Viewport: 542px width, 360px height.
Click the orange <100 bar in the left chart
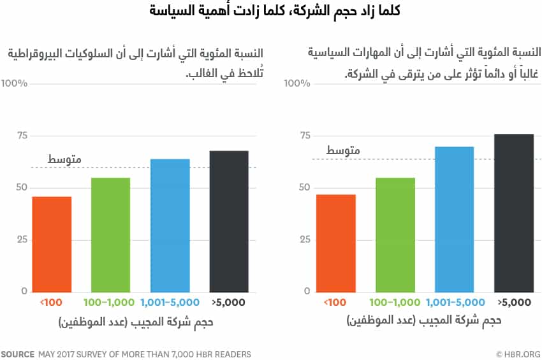pyautogui.click(x=52, y=244)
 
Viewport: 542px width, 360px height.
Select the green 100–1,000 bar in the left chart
pyautogui.click(x=111, y=234)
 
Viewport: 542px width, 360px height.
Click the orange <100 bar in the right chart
pyautogui.click(x=335, y=243)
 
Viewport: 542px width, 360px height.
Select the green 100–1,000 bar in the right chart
pyautogui.click(x=395, y=234)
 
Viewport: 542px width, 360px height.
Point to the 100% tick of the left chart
pyautogui.click(x=14, y=83)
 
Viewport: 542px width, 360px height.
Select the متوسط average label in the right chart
pyautogui.click(x=343, y=150)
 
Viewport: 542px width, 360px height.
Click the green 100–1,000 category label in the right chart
pyautogui.click(x=395, y=302)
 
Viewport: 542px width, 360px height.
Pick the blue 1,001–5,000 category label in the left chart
pyautogui.click(x=170, y=302)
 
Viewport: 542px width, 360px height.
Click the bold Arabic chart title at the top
pyautogui.click(x=271, y=11)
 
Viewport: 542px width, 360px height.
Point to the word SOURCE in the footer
pyautogui.click(x=17, y=354)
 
